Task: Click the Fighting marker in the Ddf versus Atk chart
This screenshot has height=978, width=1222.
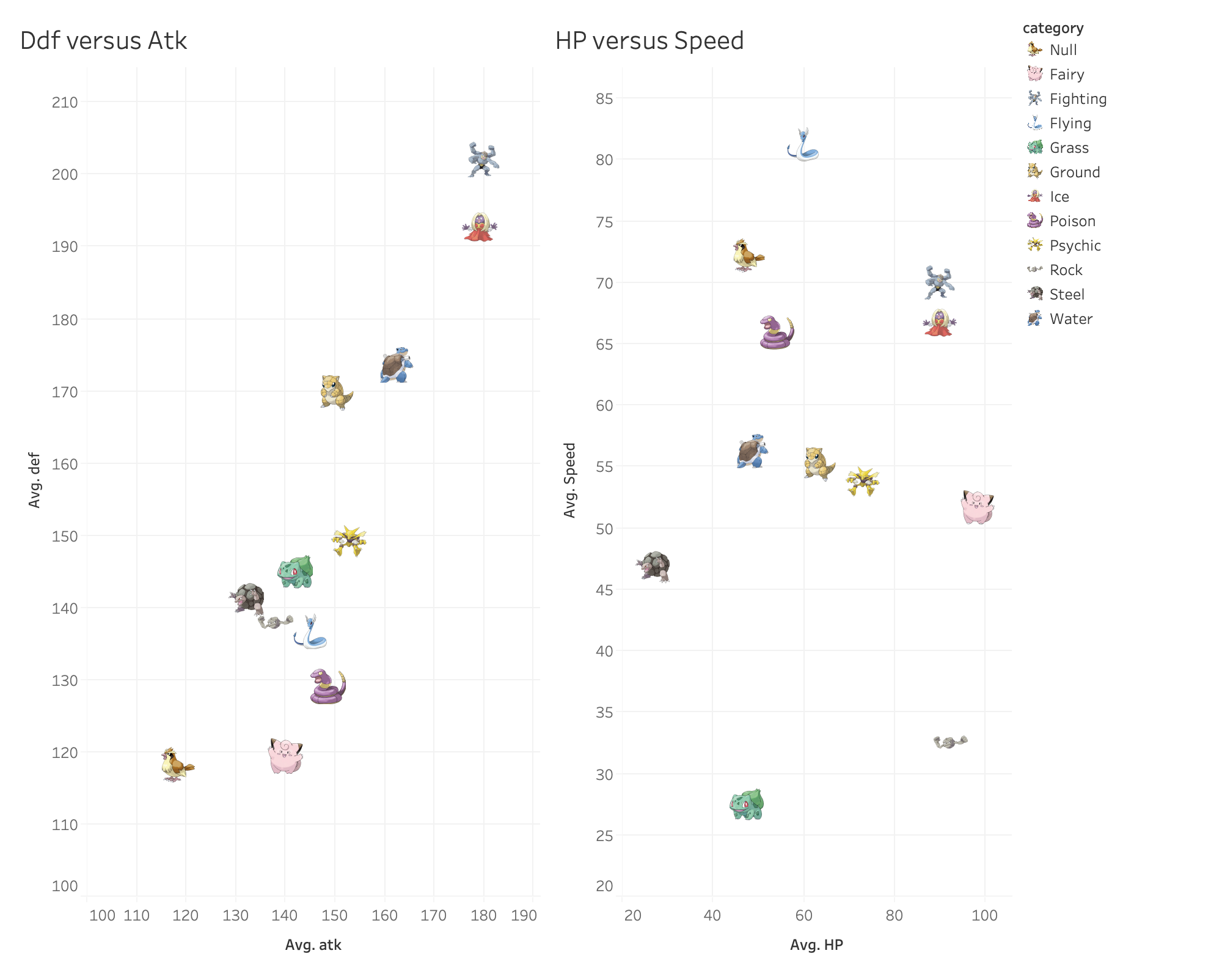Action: (483, 160)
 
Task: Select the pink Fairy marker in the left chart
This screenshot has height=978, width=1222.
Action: (285, 756)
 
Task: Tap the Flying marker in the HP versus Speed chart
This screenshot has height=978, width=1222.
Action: (803, 145)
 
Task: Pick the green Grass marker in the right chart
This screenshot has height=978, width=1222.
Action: (747, 804)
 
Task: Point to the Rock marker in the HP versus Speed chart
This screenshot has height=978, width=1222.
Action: (950, 742)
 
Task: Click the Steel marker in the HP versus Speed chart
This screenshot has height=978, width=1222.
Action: (654, 566)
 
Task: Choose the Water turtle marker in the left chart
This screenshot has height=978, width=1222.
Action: (396, 366)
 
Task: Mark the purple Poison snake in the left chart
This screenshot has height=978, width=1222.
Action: (327, 687)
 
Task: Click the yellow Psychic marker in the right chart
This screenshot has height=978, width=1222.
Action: (862, 482)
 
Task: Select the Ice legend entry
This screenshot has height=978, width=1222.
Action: (1059, 197)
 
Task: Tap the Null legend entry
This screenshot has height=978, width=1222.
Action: (1063, 50)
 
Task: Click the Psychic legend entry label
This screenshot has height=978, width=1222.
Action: (1075, 246)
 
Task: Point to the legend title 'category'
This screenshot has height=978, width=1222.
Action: (1053, 28)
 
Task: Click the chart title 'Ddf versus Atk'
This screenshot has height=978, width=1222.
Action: (103, 41)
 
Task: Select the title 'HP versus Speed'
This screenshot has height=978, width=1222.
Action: (649, 41)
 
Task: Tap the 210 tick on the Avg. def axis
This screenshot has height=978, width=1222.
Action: (65, 102)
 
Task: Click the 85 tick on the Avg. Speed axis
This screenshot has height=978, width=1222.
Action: (604, 98)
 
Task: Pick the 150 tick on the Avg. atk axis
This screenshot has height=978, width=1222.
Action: (334, 916)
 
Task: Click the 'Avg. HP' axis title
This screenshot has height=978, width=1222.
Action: (816, 945)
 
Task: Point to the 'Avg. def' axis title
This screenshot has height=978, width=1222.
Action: (35, 480)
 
